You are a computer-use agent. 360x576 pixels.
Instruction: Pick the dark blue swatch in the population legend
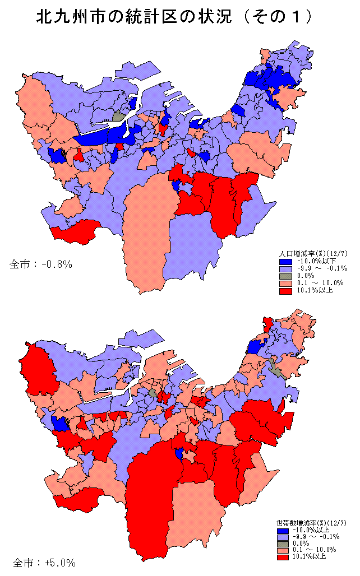pos(284,261)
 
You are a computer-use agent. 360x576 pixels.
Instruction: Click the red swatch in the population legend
pos(284,290)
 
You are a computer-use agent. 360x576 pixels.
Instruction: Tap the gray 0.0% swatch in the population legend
pos(284,276)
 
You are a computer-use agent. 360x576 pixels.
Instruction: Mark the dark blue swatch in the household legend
pos(284,529)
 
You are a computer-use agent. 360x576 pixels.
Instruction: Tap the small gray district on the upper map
pos(118,116)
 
